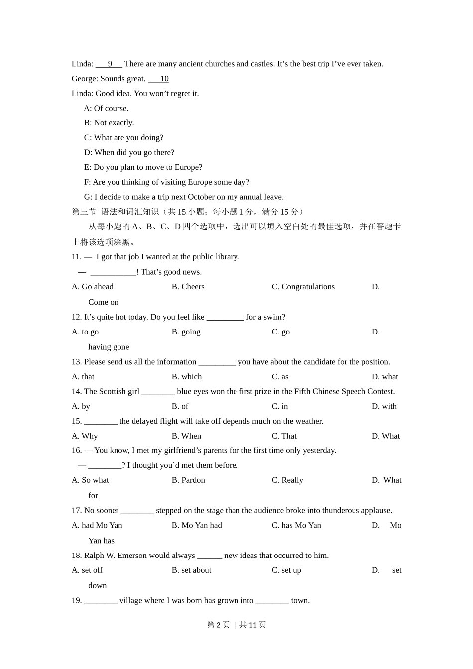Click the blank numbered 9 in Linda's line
click(109, 64)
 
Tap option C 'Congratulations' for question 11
click(303, 287)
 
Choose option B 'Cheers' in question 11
click(188, 287)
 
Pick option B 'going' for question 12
click(186, 332)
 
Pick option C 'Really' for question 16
click(287, 480)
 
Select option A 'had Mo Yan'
click(97, 525)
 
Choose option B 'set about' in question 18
click(192, 570)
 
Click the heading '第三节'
click(84, 212)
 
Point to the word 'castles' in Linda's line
click(261, 64)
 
